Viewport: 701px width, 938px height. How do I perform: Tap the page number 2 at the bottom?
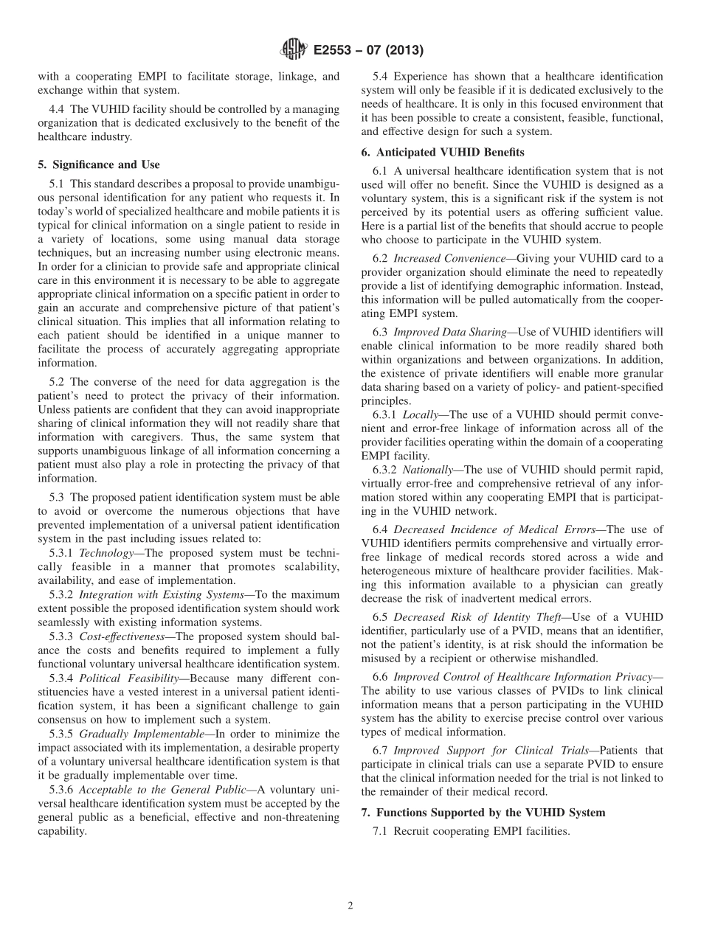click(350, 906)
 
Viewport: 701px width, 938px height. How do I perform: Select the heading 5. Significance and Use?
click(98, 164)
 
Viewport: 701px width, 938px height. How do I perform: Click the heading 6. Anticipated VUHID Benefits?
click(450, 153)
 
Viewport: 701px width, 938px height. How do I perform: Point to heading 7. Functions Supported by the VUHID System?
click(483, 812)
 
